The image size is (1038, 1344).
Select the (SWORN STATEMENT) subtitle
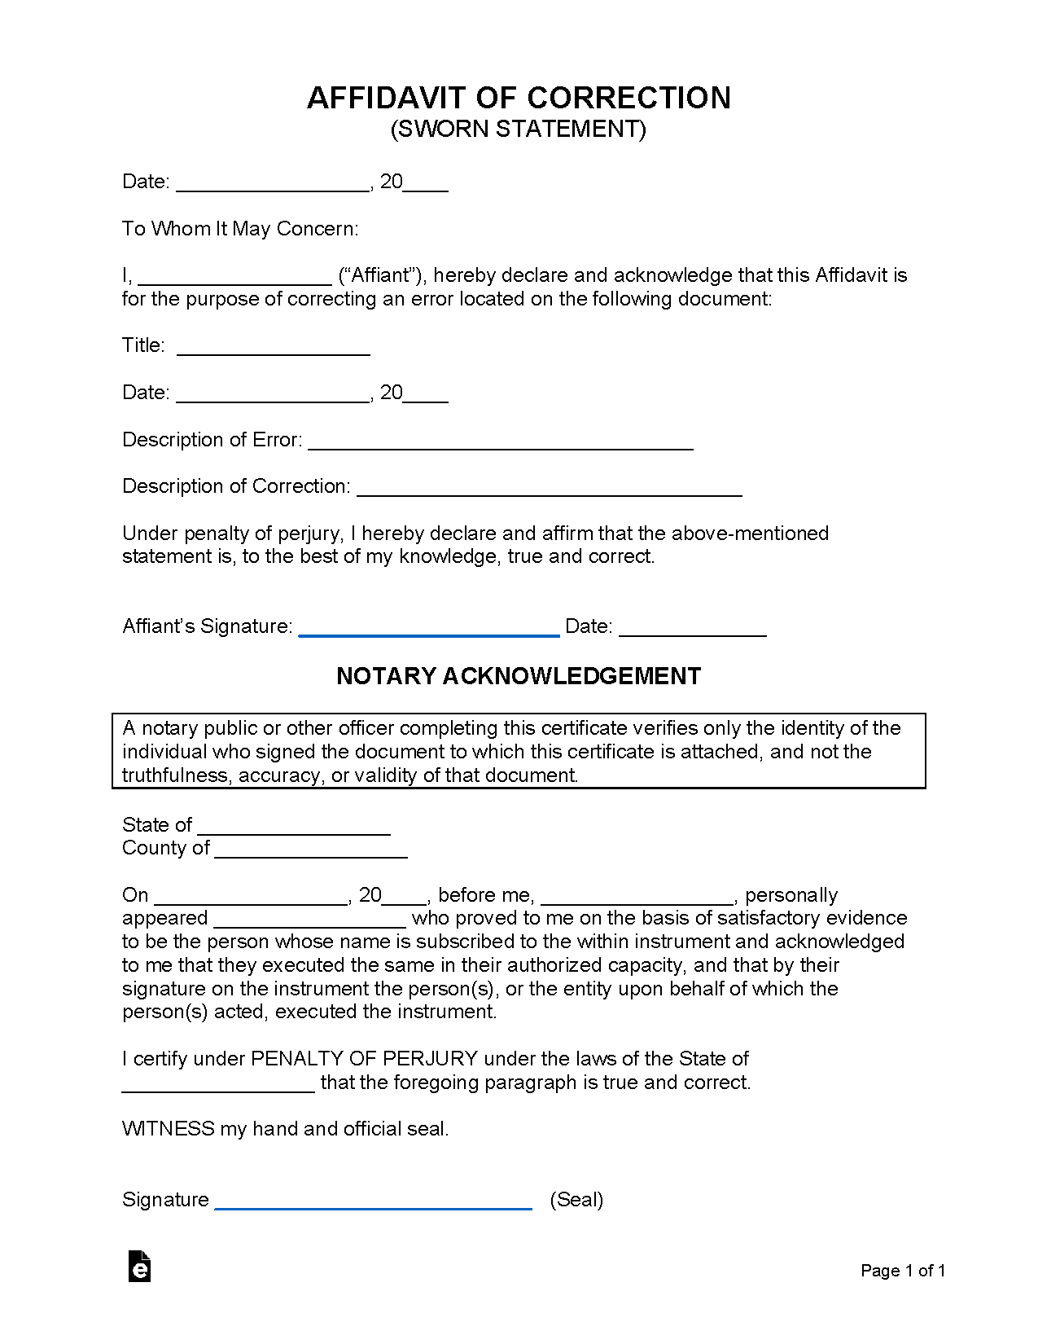point(519,130)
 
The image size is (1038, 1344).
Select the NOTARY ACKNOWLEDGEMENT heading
point(519,676)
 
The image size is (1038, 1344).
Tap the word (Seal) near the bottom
point(576,1200)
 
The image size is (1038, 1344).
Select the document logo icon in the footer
point(139,1267)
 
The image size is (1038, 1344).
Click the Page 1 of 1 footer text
point(903,1271)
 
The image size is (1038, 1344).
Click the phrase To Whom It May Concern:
point(240,229)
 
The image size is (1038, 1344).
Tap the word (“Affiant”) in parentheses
point(383,275)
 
